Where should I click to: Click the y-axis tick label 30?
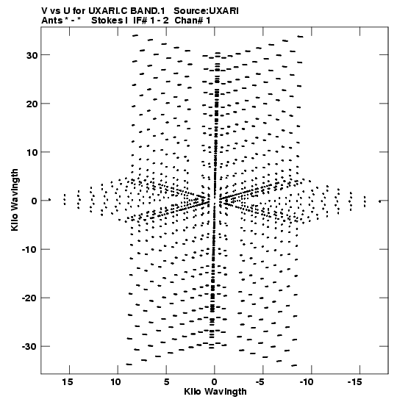pos(32,55)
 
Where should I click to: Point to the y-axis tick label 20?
pos(32,104)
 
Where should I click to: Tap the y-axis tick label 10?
pos(32,152)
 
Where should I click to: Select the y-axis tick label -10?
pos(29,249)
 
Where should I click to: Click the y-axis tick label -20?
pos(29,298)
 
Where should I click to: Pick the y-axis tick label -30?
pos(29,347)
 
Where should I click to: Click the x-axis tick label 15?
pos(68,382)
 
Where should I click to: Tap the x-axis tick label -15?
pos(355,382)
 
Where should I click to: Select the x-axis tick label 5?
pos(166,382)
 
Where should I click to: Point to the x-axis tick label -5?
pos(260,382)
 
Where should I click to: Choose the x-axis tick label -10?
pos(307,382)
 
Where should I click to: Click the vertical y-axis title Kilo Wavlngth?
pos(15,200)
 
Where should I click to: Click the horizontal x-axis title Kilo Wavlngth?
pos(215,392)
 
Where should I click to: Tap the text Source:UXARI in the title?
pos(206,11)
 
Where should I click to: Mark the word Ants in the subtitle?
pos(51,21)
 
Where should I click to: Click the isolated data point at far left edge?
pos(49,200)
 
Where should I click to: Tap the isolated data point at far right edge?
pos(380,201)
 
